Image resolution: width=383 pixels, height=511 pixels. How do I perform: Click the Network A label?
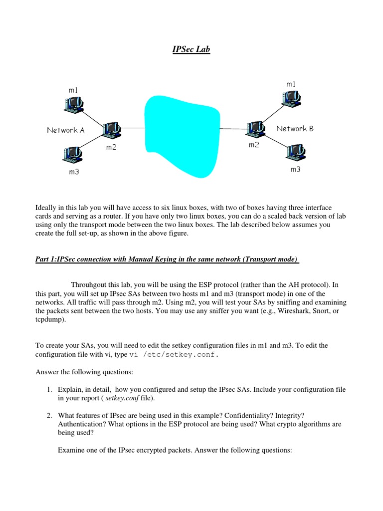click(65, 130)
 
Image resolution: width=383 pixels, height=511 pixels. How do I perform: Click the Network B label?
click(295, 128)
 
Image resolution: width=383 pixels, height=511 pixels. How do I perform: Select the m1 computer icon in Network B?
click(291, 97)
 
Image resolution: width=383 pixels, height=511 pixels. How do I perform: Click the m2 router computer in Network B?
click(256, 128)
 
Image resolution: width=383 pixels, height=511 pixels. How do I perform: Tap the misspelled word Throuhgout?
click(91, 285)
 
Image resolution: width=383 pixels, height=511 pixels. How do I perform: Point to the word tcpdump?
click(49, 321)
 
